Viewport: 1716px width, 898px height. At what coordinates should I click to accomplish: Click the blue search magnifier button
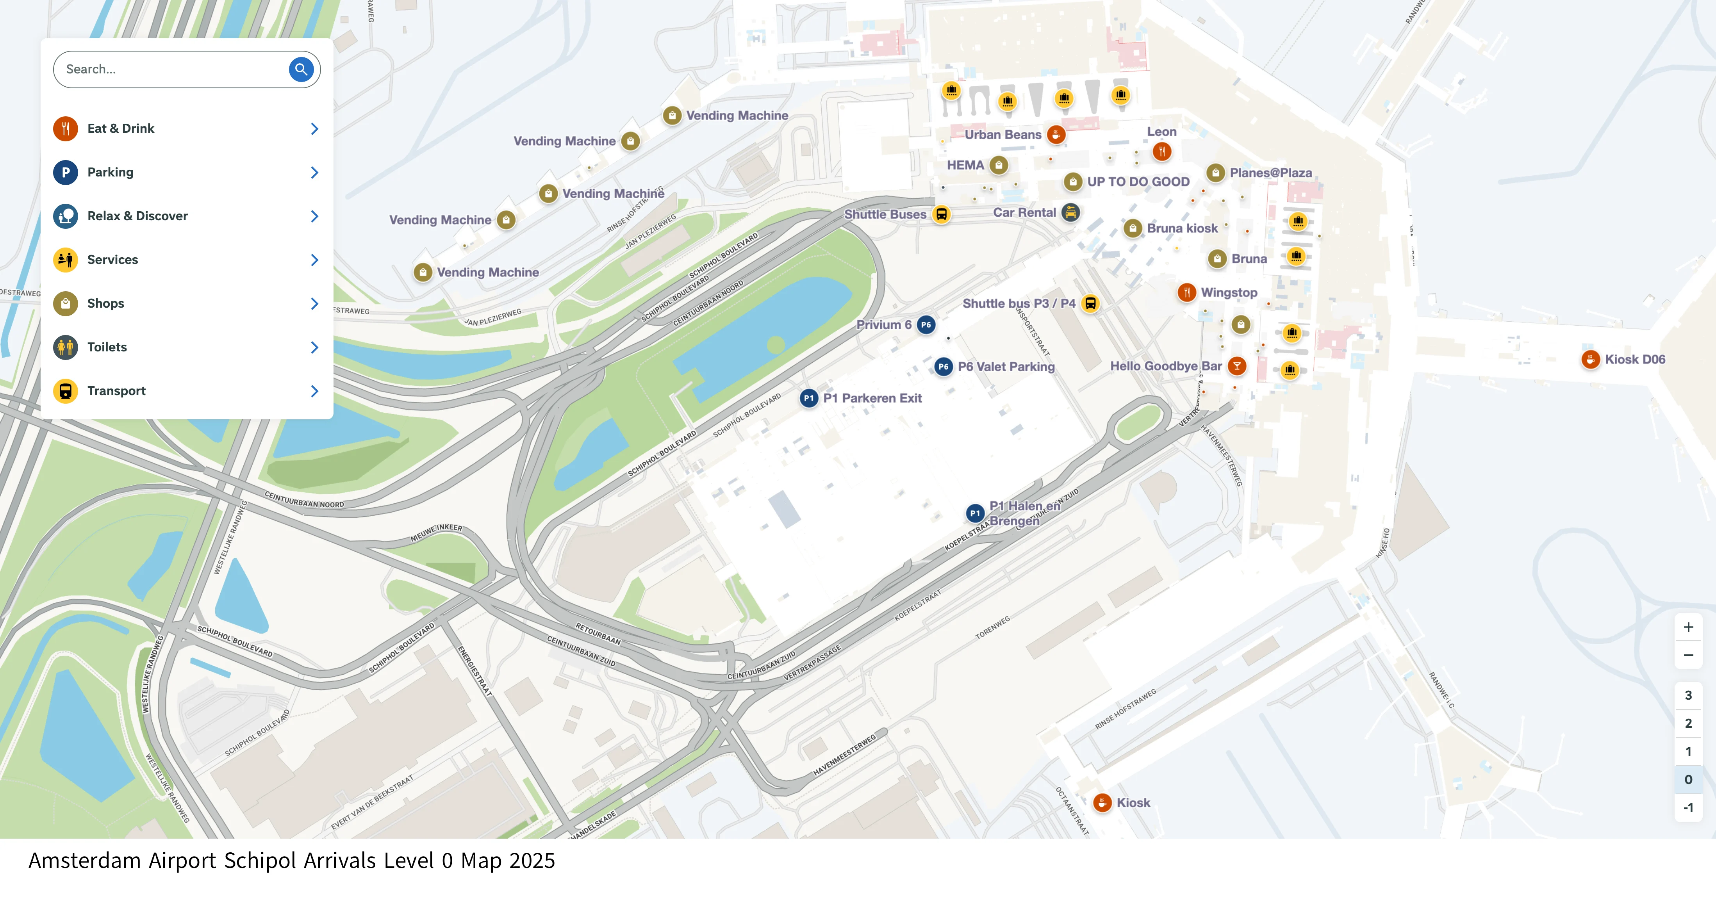pos(301,69)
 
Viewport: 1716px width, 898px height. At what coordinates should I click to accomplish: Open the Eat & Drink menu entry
pos(121,128)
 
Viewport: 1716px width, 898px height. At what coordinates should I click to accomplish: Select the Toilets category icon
pos(65,347)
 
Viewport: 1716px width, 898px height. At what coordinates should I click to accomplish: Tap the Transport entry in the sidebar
pos(116,391)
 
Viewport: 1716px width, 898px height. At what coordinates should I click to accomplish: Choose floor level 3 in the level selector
pos(1688,695)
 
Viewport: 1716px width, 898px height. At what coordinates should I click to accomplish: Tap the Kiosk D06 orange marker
pos(1590,360)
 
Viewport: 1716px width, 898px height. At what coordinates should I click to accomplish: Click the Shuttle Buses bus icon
pos(941,214)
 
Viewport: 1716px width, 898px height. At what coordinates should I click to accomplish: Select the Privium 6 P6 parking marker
pos(926,325)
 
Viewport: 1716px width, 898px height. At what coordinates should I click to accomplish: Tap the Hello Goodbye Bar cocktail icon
pos(1237,366)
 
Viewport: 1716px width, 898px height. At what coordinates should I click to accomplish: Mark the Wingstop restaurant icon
pos(1186,292)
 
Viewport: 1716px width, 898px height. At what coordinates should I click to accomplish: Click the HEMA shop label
pos(965,165)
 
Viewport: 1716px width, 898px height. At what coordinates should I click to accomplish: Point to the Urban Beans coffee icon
pos(1056,135)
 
